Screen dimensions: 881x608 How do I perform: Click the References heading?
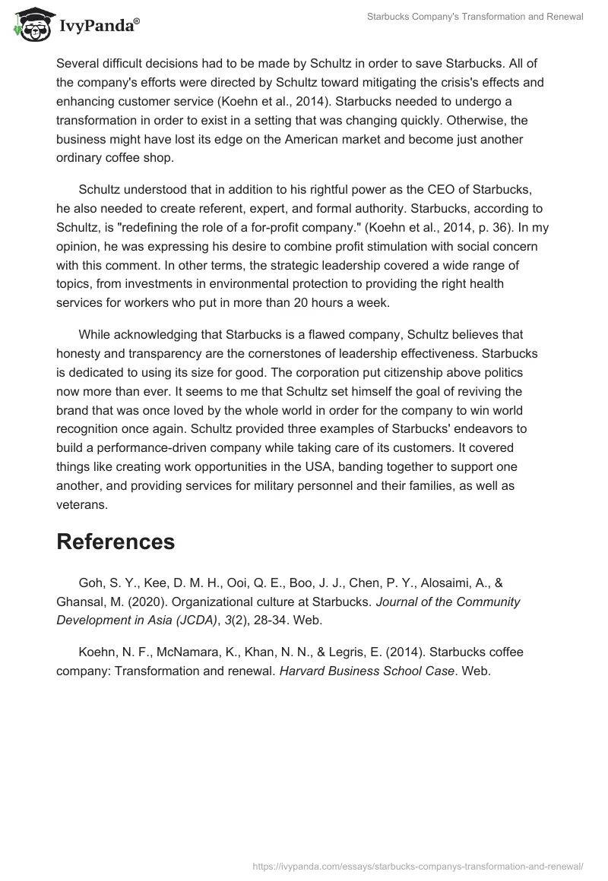tap(116, 542)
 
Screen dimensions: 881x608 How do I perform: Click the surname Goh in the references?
tap(90, 583)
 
